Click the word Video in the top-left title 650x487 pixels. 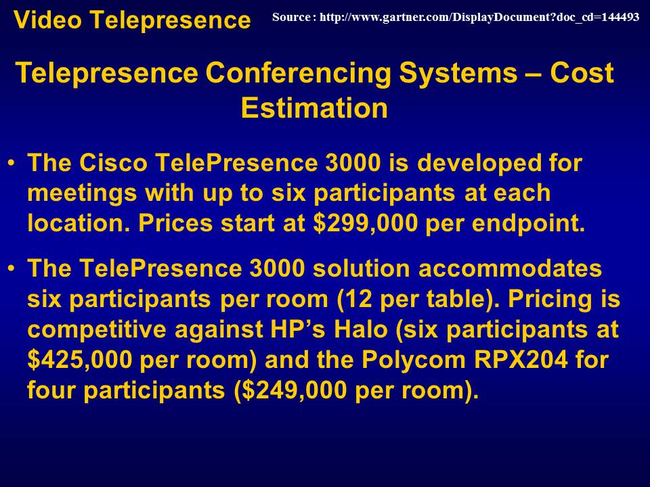pos(47,20)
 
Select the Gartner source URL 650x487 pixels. pos(479,17)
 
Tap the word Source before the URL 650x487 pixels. pos(292,17)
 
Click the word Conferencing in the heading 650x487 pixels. pos(298,73)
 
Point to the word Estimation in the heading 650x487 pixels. pos(314,108)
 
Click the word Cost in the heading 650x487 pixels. pos(582,72)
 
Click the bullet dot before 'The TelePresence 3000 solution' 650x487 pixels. pos(12,268)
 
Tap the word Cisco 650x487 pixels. pos(113,162)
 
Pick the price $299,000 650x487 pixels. pos(365,224)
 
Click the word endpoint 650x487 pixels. pos(528,224)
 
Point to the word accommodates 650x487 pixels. pos(510,269)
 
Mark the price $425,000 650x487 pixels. pos(80,359)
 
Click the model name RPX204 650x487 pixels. pos(521,359)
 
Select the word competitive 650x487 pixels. pos(97,329)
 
